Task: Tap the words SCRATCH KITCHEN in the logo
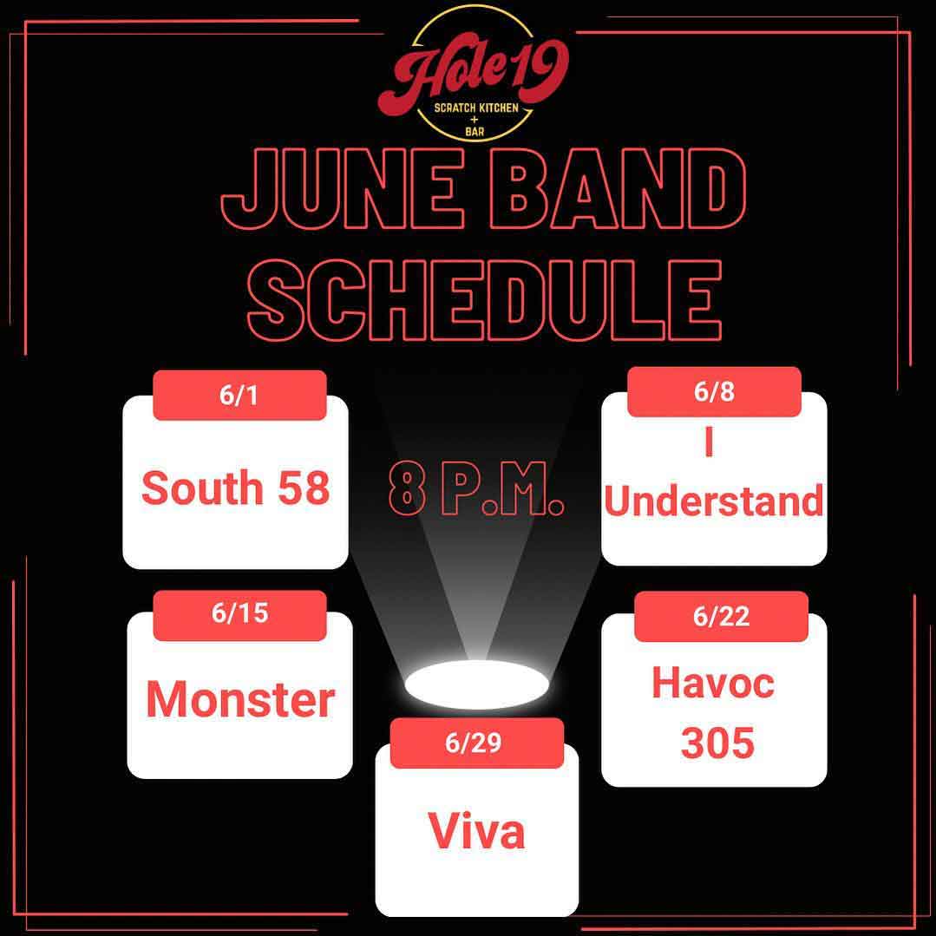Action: click(475, 108)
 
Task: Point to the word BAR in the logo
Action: click(475, 131)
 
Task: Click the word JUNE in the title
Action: click(343, 188)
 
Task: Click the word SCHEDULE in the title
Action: click(484, 299)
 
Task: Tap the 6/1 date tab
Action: click(239, 396)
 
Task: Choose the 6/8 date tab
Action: click(714, 391)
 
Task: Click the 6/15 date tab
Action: click(239, 615)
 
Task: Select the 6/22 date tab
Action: click(721, 616)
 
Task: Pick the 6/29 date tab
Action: click(477, 743)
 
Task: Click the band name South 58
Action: click(235, 488)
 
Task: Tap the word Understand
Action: click(714, 501)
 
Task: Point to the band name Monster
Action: click(240, 699)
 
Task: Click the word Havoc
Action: click(713, 683)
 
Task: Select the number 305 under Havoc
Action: click(717, 743)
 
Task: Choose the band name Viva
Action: click(476, 830)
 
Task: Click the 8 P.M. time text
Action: click(475, 488)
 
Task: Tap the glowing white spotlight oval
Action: click(476, 684)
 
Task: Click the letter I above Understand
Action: click(709, 443)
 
